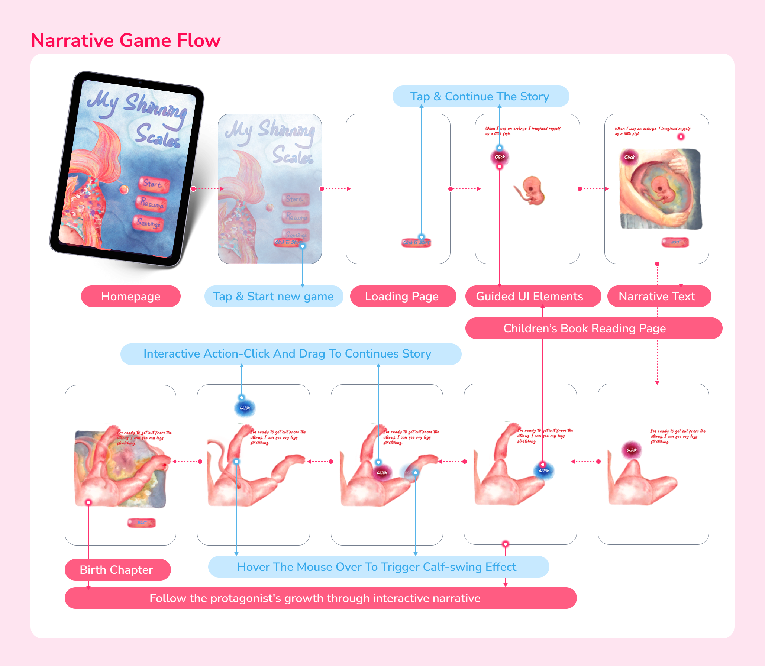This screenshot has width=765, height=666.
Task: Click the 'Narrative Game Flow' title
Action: coord(126,40)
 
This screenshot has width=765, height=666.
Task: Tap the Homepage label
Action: coord(130,296)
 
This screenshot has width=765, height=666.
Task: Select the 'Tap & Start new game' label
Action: coord(273,296)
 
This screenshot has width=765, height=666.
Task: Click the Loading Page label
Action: coord(402,296)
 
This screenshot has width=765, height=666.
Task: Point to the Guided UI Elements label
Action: coord(529,296)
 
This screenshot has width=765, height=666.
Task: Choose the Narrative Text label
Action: coord(657,296)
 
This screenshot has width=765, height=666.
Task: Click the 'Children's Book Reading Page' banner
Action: coord(584,328)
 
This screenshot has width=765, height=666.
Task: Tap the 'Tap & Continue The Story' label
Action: coord(480,96)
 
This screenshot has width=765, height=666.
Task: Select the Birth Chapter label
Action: coord(116,570)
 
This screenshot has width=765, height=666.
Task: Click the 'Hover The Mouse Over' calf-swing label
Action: coord(377,567)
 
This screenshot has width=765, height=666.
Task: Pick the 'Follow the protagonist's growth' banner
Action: coord(315,598)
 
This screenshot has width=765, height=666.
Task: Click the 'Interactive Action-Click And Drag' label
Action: coord(287,353)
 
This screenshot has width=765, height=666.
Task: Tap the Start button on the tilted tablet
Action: coord(154,184)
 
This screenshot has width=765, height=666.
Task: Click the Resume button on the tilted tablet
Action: coord(151,203)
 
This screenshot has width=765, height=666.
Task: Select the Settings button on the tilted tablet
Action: coord(148,223)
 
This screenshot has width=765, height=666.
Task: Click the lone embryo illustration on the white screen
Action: coord(530,191)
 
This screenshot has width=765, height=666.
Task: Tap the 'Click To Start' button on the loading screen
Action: coord(416,243)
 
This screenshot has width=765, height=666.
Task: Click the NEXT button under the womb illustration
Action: coord(675,242)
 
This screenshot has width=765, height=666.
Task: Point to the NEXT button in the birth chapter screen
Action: coord(141,523)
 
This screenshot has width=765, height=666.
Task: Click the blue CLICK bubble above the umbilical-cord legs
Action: coord(245,408)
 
